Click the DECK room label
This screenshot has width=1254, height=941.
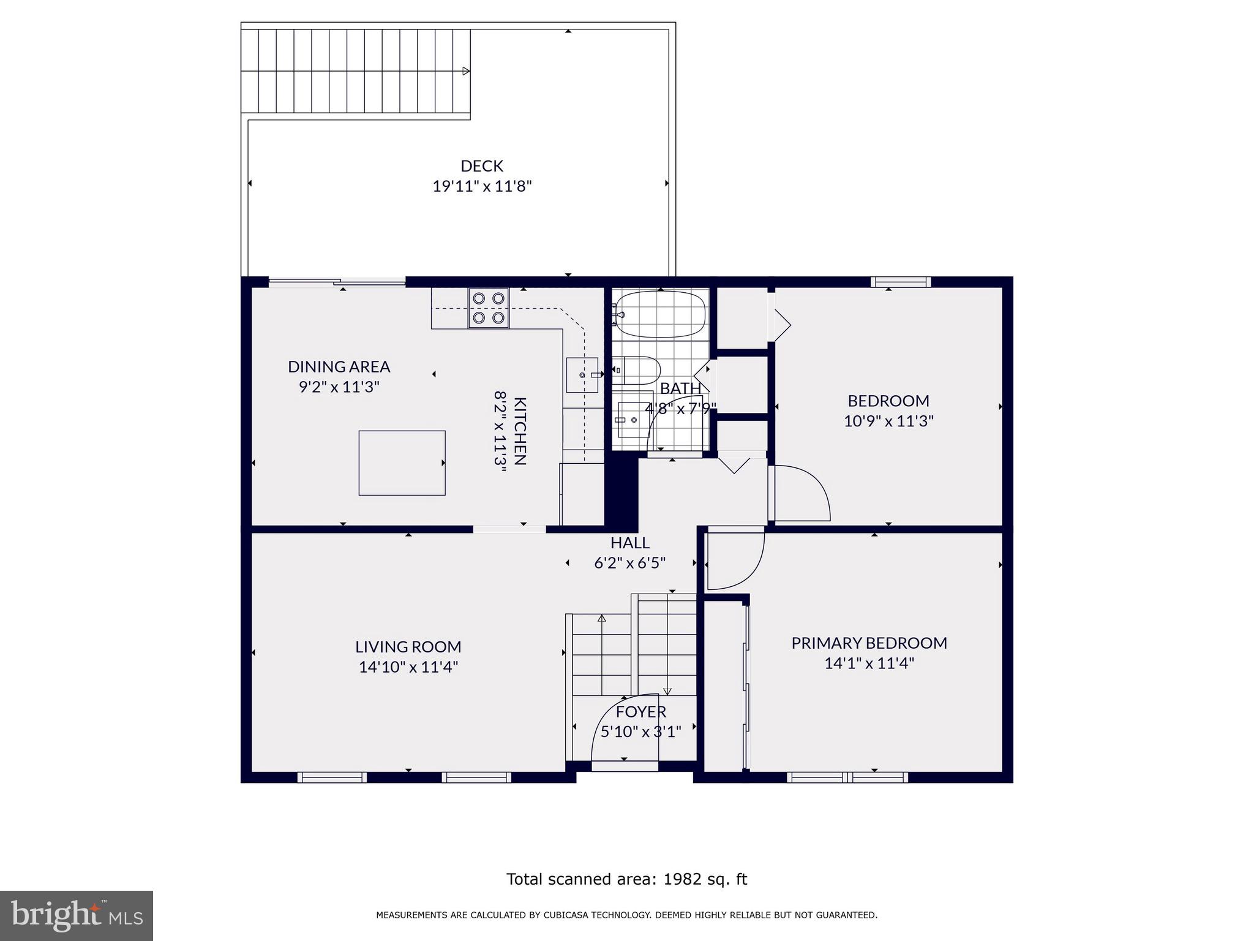click(481, 166)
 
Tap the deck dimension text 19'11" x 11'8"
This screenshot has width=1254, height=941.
click(481, 186)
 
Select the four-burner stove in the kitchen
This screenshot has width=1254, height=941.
click(489, 308)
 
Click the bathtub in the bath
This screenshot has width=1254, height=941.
click(660, 314)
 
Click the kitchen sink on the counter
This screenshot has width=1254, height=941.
click(581, 374)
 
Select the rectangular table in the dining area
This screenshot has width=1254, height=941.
click(402, 463)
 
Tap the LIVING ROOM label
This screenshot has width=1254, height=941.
click(408, 646)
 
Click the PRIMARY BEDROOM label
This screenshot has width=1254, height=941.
click(868, 643)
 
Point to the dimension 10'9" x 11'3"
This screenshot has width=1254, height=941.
click(888, 421)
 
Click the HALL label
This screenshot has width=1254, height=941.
click(629, 543)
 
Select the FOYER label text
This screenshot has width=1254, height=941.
click(640, 711)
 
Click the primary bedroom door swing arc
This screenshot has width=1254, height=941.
click(735, 561)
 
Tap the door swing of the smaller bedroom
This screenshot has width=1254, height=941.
click(802, 493)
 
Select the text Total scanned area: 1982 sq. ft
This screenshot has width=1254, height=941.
click(626, 879)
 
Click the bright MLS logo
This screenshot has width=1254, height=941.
click(76, 915)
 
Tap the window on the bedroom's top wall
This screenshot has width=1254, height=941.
click(900, 282)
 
